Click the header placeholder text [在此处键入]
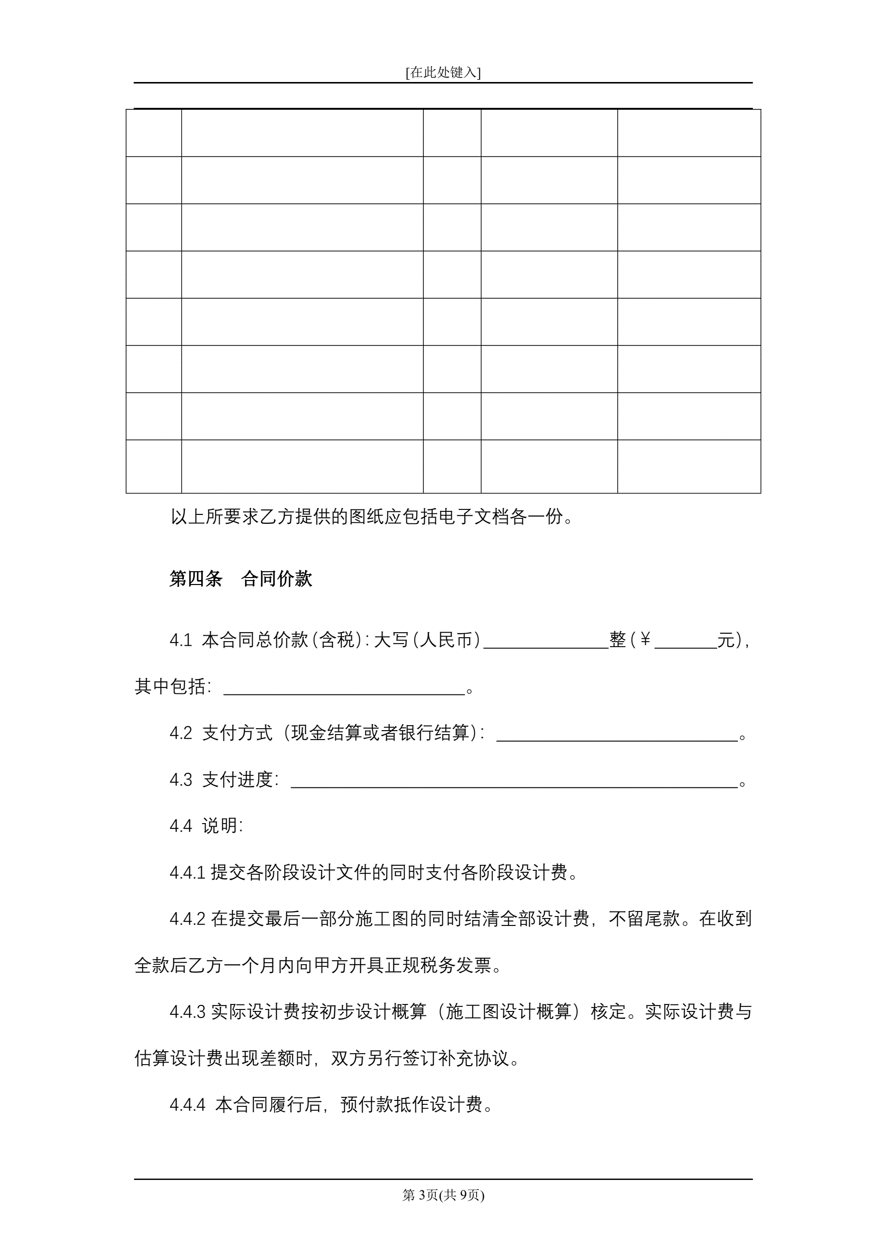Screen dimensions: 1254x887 click(443, 73)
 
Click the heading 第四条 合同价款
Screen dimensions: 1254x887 click(241, 579)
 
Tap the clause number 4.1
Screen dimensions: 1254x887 click(181, 640)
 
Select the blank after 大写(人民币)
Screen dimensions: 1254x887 click(546, 642)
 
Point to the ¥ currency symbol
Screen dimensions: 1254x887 click(645, 640)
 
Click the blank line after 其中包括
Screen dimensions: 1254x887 click(344, 688)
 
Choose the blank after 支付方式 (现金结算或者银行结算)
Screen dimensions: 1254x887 click(617, 735)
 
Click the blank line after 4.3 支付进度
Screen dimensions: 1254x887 click(513, 781)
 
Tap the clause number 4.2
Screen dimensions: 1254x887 click(181, 733)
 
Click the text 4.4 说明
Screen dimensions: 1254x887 click(206, 826)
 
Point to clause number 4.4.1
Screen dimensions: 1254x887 click(187, 873)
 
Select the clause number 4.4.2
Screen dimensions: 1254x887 click(187, 919)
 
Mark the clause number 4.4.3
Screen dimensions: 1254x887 click(187, 1012)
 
